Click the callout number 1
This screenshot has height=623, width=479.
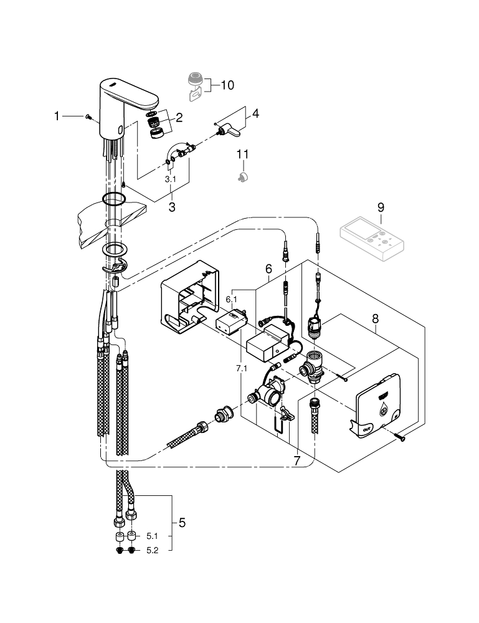57,116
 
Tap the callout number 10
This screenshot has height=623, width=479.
227,85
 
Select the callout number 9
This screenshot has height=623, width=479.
381,207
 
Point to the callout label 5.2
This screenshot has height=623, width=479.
152,551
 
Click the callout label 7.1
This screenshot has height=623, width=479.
242,369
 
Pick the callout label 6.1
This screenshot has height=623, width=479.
231,299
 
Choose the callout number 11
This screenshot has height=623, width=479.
243,154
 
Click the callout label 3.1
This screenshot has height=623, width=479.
171,179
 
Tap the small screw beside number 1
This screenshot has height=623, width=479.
88,117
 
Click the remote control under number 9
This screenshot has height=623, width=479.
372,239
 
